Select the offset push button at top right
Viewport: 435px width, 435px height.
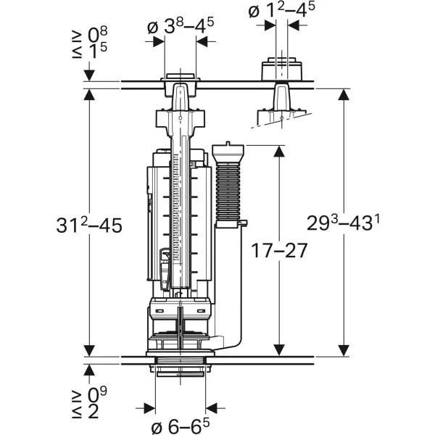(x=279, y=70)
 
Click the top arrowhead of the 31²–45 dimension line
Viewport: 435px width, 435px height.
(x=88, y=94)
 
